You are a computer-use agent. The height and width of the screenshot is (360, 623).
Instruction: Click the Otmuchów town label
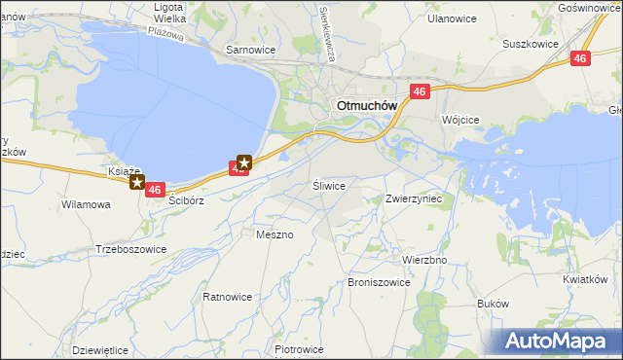pyautogui.click(x=363, y=106)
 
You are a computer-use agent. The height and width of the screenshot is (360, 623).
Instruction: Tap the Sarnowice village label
pyautogui.click(x=250, y=49)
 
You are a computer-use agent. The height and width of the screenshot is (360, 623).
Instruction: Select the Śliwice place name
pyautogui.click(x=329, y=184)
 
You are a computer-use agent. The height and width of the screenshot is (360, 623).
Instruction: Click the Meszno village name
pyautogui.click(x=274, y=234)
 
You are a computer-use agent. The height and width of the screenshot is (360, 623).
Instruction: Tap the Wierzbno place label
pyautogui.click(x=424, y=260)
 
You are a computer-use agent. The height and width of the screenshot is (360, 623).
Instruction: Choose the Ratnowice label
pyautogui.click(x=227, y=296)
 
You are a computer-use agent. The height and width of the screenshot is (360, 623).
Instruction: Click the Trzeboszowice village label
pyautogui.click(x=130, y=249)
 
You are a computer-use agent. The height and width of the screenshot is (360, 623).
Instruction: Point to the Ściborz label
pyautogui.click(x=185, y=200)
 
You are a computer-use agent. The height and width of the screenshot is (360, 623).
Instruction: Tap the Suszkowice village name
pyautogui.click(x=530, y=44)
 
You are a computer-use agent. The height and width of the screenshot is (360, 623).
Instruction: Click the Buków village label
pyautogui.click(x=494, y=304)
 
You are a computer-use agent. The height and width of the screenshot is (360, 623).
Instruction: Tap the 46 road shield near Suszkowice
pyautogui.click(x=580, y=59)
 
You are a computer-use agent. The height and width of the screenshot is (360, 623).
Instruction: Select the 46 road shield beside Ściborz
pyautogui.click(x=155, y=191)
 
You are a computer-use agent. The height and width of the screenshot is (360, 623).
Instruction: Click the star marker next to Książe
pyautogui.click(x=139, y=182)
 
